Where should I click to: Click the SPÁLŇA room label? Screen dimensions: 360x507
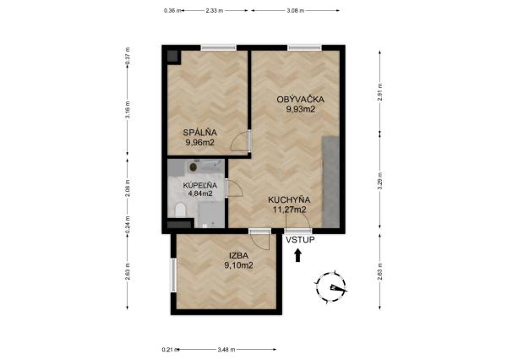(200, 132)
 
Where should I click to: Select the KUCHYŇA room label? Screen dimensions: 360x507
(287, 200)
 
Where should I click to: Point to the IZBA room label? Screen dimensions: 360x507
(239, 255)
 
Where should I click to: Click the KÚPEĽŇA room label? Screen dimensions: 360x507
(200, 184)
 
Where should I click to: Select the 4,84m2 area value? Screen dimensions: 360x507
(200, 194)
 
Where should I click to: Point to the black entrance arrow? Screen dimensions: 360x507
(298, 254)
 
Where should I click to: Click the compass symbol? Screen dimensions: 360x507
(332, 288)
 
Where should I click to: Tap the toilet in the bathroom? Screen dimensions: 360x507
(179, 210)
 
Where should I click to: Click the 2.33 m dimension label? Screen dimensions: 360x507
(215, 11)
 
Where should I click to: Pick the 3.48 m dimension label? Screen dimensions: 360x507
(226, 348)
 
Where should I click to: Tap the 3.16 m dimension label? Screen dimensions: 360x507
(127, 111)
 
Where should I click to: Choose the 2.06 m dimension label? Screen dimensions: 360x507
(127, 187)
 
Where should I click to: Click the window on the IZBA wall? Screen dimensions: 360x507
(173, 275)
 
